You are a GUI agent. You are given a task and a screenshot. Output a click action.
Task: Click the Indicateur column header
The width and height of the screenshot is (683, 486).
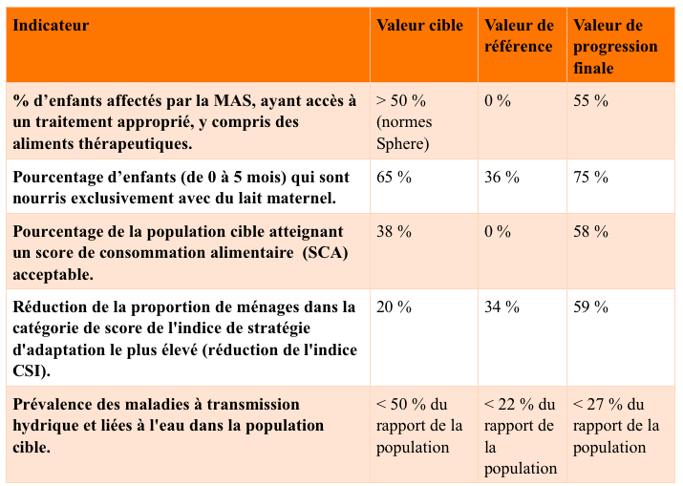point(52,26)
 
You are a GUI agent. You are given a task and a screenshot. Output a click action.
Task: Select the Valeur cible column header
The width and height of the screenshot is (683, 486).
point(419,26)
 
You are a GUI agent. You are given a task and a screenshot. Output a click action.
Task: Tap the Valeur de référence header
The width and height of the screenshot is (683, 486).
point(519,36)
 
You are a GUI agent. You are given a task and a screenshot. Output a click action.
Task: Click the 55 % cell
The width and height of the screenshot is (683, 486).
point(590,100)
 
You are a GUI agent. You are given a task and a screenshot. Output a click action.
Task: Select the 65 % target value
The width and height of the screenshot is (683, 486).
point(394,177)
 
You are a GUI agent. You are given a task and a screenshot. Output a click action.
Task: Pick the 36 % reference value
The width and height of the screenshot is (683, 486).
point(502,177)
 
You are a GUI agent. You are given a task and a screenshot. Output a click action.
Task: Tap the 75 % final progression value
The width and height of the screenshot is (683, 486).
point(590,177)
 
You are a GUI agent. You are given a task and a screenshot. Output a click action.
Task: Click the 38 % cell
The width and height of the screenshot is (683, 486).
point(394,231)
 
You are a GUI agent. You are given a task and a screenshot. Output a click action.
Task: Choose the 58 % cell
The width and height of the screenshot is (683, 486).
point(590,231)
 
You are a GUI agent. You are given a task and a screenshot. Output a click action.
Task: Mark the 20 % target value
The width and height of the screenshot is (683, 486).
point(394,306)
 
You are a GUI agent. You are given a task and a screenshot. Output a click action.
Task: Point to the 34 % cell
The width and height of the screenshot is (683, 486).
point(502,306)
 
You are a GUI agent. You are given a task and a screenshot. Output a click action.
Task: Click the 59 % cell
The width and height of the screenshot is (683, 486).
point(590,306)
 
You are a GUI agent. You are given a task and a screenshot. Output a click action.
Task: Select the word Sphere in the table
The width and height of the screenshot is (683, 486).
point(403,144)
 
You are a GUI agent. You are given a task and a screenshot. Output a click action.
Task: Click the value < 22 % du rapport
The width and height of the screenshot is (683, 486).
point(520,405)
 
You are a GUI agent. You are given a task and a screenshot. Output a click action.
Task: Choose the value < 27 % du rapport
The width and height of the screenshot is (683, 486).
point(608,405)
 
